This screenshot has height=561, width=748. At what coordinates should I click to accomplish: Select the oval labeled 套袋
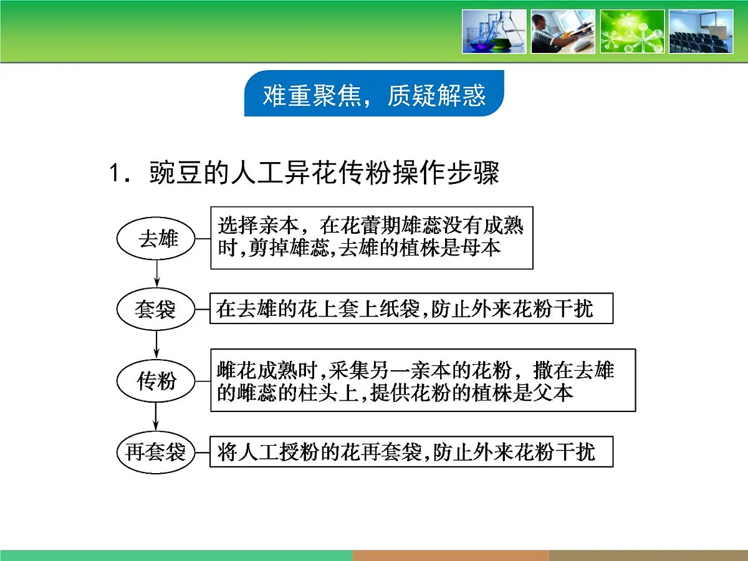click(156, 309)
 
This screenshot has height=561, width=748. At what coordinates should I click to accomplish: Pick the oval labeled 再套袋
click(156, 452)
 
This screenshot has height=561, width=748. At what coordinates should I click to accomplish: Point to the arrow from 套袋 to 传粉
click(156, 344)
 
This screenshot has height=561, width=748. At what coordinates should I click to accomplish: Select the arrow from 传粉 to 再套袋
click(156, 416)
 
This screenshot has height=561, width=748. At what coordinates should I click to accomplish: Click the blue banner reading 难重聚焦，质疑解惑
click(374, 95)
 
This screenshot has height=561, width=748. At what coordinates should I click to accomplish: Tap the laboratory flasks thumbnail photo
click(494, 31)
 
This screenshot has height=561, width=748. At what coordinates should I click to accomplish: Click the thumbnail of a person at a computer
click(563, 31)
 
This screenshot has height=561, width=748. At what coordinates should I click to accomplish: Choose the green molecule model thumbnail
click(631, 31)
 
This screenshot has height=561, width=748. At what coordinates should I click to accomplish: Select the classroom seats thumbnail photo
click(701, 31)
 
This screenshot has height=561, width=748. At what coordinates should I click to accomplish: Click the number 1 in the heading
click(115, 173)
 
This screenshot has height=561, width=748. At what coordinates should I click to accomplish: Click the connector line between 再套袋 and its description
click(202, 451)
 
